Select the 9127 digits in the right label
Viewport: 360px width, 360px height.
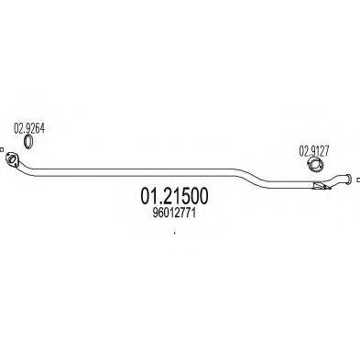pyautogui.click(x=318, y=148)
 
